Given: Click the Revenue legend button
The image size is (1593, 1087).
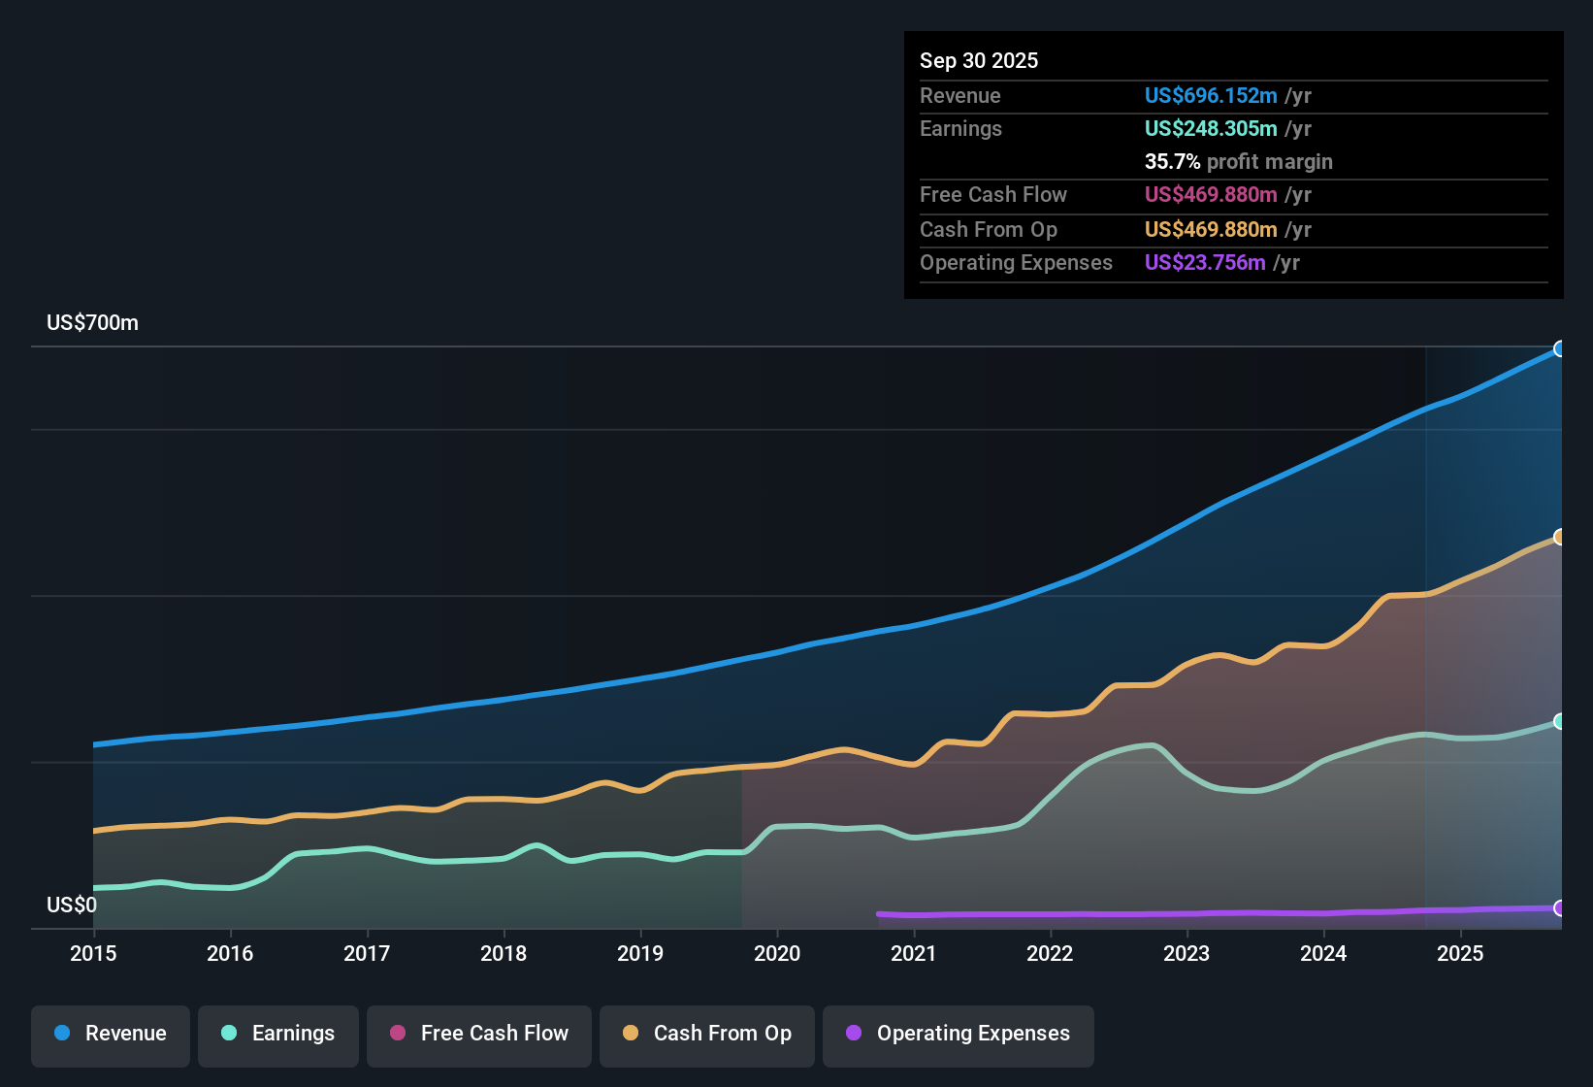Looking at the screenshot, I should (111, 1034).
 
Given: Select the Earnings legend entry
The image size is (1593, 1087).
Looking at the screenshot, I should (278, 1034).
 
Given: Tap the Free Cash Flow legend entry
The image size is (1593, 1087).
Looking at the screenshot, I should (479, 1034).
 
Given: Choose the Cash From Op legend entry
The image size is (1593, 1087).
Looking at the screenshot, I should (707, 1034).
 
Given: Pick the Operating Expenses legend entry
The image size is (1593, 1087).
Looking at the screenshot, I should (959, 1034).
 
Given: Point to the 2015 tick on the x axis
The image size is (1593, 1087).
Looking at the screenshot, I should (93, 953).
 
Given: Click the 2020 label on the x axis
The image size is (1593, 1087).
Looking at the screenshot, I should (777, 953).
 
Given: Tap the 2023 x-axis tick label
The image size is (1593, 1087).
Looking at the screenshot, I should (1187, 953).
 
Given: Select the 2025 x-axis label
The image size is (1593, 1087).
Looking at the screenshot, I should (1460, 953).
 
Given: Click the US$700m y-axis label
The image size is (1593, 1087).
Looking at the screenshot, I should (92, 323).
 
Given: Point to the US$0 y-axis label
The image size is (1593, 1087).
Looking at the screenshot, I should (72, 906).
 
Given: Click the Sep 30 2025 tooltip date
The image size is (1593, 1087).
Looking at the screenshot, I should (978, 60).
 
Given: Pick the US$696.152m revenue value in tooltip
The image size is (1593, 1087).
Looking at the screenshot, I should (1210, 95).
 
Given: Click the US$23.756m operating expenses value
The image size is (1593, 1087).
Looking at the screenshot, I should (1204, 262).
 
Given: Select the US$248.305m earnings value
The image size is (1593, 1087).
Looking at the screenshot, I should (1210, 128).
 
